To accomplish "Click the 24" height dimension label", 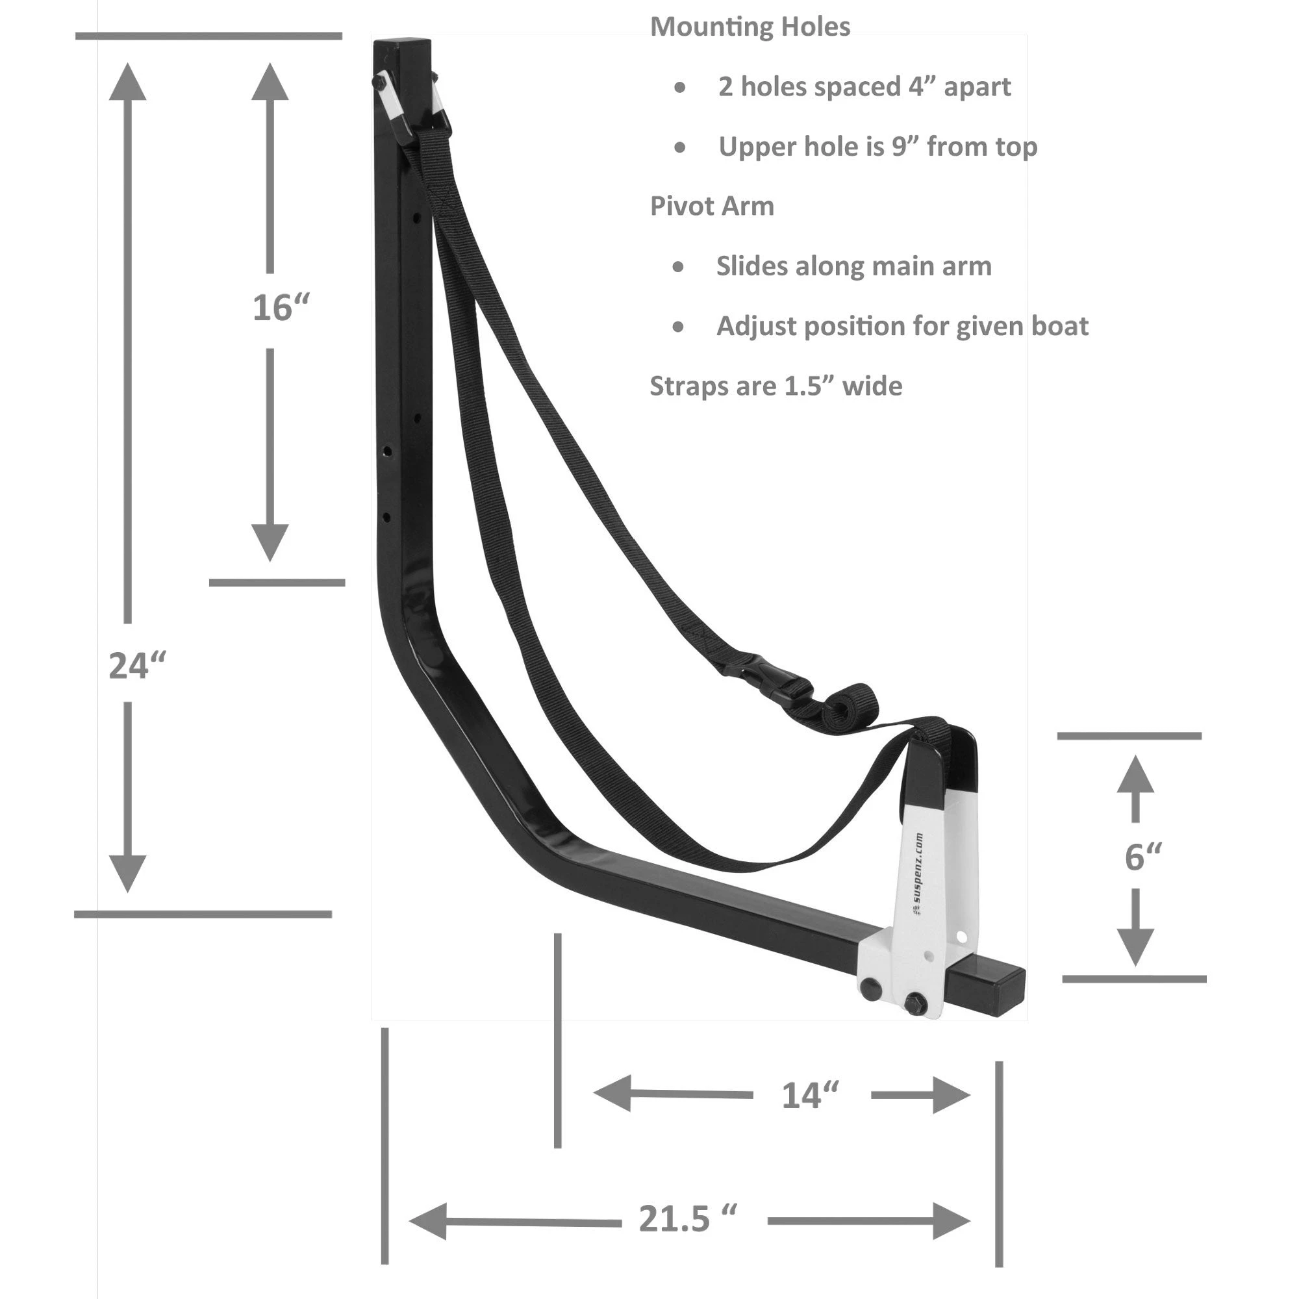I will point(137,666).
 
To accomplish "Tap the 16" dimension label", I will point(281,308).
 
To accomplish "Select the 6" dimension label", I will point(1143,857).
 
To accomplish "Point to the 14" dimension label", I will point(810,1095).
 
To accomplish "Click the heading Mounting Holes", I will point(750,27).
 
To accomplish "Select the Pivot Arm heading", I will point(711,207).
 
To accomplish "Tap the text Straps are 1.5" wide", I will point(776,386).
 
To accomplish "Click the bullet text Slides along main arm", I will point(853,266).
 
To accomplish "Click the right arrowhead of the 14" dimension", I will point(951,1095).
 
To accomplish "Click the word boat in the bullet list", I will point(1061,327).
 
